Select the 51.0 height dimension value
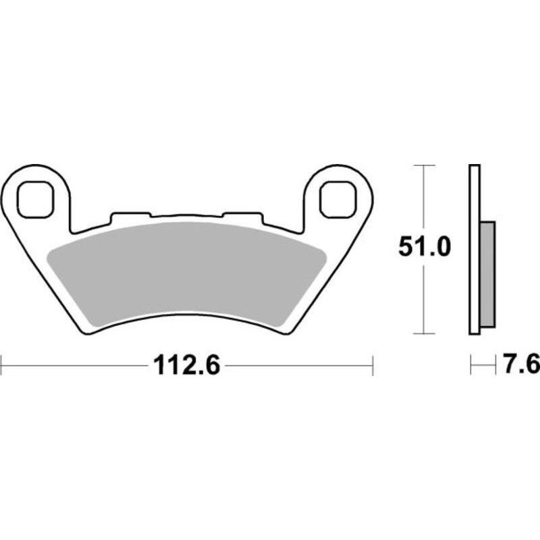click(x=423, y=248)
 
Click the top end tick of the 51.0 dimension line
click(x=423, y=165)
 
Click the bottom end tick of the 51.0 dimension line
click(x=423, y=333)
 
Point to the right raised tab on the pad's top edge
click(x=242, y=217)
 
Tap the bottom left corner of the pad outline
click(x=84, y=331)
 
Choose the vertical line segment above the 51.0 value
click(x=423, y=199)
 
